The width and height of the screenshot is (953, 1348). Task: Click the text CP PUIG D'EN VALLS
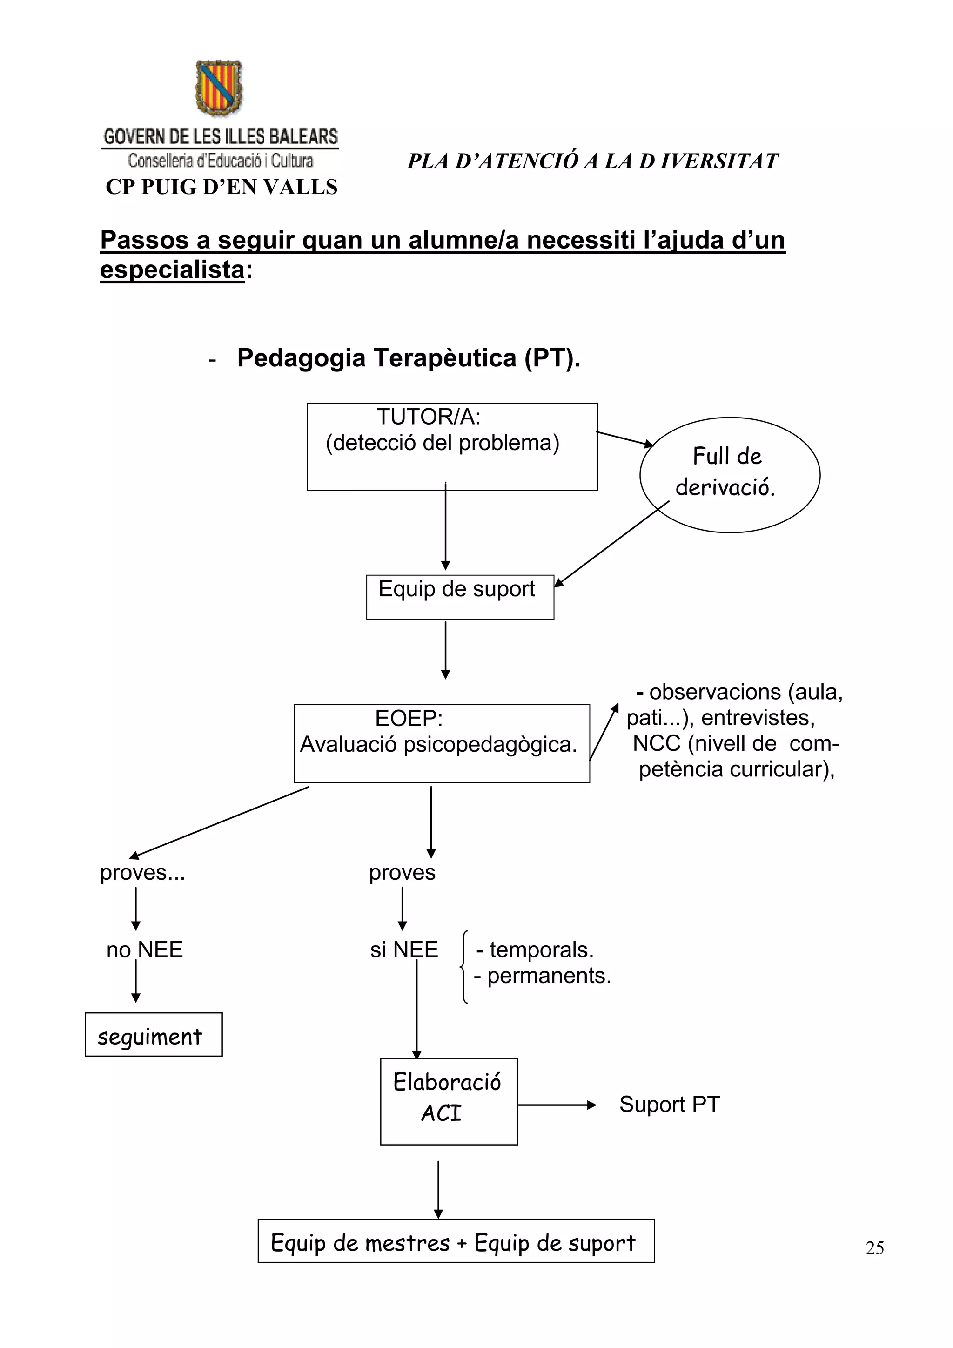click(221, 187)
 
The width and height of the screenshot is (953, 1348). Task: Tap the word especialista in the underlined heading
click(172, 270)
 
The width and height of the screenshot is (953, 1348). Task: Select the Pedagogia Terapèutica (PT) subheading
click(409, 357)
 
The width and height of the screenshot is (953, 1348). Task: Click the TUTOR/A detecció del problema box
click(452, 446)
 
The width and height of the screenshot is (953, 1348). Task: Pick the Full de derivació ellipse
click(730, 474)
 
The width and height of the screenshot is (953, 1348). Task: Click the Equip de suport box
click(459, 597)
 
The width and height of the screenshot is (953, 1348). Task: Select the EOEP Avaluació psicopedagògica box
click(441, 743)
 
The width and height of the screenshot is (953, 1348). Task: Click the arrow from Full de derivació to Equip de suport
click(611, 544)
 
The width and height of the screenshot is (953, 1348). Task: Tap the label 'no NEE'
click(144, 950)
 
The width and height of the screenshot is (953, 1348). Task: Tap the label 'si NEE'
click(404, 950)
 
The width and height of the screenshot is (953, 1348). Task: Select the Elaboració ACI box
click(448, 1101)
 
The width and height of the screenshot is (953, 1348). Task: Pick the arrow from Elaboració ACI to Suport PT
click(557, 1105)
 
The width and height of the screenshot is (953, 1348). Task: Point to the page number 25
click(874, 1247)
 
